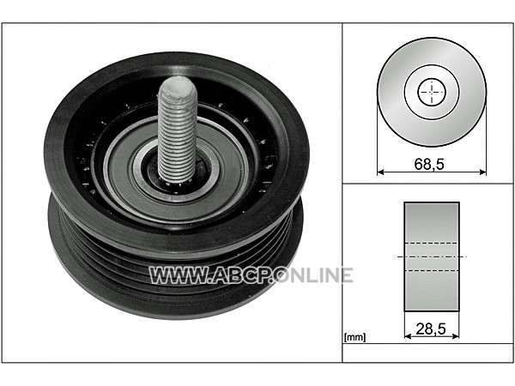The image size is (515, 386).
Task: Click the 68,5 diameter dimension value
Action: tap(429, 164)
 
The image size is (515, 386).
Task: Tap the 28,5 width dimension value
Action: tap(431, 329)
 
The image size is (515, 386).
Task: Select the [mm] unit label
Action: tap(354, 337)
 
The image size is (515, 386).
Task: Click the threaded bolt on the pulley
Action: tap(177, 130)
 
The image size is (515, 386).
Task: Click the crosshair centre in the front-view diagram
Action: tap(432, 93)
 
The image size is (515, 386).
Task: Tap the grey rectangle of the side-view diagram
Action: tap(432, 256)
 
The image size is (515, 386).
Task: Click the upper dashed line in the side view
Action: tap(432, 244)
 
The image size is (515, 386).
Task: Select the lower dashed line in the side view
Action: tap(432, 270)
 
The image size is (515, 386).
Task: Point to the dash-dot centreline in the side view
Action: tap(432, 256)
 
